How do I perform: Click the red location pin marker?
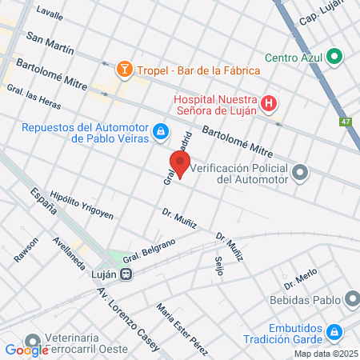pos(181,165)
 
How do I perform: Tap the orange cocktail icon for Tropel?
pos(124,70)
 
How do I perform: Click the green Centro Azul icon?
pos(335,57)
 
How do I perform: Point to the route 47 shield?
pos(345,122)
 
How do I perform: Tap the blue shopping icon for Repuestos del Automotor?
pos(161,130)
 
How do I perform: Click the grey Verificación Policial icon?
pos(301,172)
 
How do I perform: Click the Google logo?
pos(26,350)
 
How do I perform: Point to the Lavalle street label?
pos(50,15)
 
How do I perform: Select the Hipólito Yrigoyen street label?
pos(82,206)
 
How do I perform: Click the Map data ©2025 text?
pos(326,354)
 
